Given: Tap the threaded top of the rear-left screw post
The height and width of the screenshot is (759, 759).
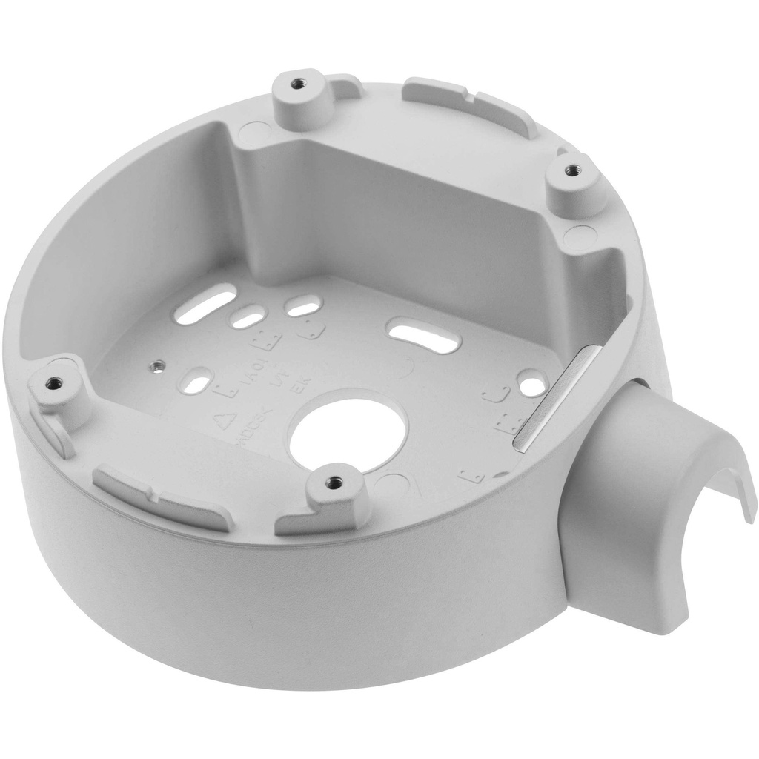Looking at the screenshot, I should pyautogui.click(x=298, y=84).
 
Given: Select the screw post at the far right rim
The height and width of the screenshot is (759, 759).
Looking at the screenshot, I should pyautogui.click(x=572, y=170).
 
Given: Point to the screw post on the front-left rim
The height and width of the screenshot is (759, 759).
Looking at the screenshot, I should pyautogui.click(x=53, y=383).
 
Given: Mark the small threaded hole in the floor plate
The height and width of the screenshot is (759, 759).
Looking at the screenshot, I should pyautogui.click(x=156, y=365).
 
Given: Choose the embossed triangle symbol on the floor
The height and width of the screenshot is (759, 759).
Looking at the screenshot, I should pyautogui.click(x=222, y=420).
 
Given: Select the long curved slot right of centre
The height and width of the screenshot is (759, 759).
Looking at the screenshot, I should pyautogui.click(x=425, y=336).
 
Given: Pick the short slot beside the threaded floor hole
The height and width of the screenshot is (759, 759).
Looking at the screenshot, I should pyautogui.click(x=197, y=380).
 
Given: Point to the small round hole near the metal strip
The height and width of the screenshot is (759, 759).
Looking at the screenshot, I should pyautogui.click(x=531, y=383).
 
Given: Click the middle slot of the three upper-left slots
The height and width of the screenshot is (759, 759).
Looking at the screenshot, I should pyautogui.click(x=247, y=319).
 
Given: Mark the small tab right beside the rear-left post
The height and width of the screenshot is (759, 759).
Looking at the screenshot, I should pyautogui.click(x=345, y=87).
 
